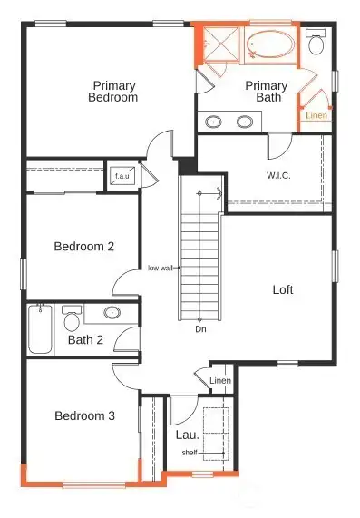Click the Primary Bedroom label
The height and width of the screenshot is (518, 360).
[114, 92]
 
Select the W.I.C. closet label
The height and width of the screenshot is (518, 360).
[277, 175]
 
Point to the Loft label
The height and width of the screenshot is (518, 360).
[284, 290]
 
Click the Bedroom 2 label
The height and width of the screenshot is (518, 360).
[83, 246]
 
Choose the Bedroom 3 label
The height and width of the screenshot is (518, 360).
[84, 416]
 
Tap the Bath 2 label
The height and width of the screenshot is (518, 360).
[86, 341]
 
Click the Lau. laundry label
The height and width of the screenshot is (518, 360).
[186, 435]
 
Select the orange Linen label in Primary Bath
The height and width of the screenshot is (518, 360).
[316, 116]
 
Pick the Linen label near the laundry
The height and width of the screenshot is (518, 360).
[220, 380]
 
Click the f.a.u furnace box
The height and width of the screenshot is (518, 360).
[122, 176]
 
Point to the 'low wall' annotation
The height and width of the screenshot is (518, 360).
[161, 269]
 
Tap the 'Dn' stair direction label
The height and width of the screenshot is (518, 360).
[200, 329]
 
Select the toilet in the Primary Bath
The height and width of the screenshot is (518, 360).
[316, 43]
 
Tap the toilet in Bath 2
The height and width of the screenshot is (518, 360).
[72, 318]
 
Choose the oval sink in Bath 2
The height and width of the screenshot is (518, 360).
[112, 314]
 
